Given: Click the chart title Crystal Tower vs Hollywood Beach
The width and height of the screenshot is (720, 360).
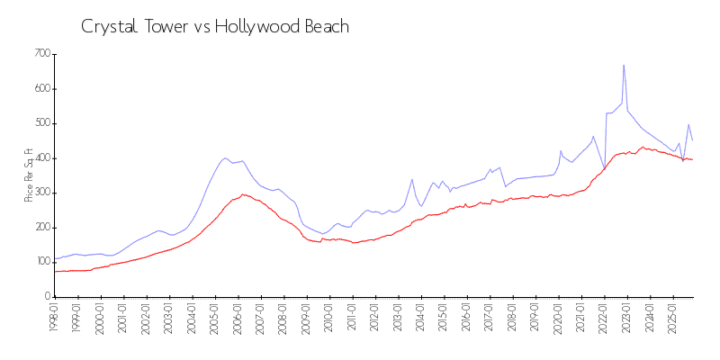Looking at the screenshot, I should tap(215, 27).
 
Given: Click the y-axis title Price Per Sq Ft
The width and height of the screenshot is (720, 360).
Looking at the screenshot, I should tap(29, 175).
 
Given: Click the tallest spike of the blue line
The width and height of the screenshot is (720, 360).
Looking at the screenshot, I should tap(624, 65).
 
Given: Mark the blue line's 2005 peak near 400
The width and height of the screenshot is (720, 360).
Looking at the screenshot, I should tap(225, 157).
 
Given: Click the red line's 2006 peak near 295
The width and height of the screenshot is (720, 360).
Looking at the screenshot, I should tap(242, 194).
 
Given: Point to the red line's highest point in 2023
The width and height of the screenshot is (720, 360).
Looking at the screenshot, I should tap(643, 147).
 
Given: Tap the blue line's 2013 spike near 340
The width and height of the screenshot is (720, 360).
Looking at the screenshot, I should tap(412, 179).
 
